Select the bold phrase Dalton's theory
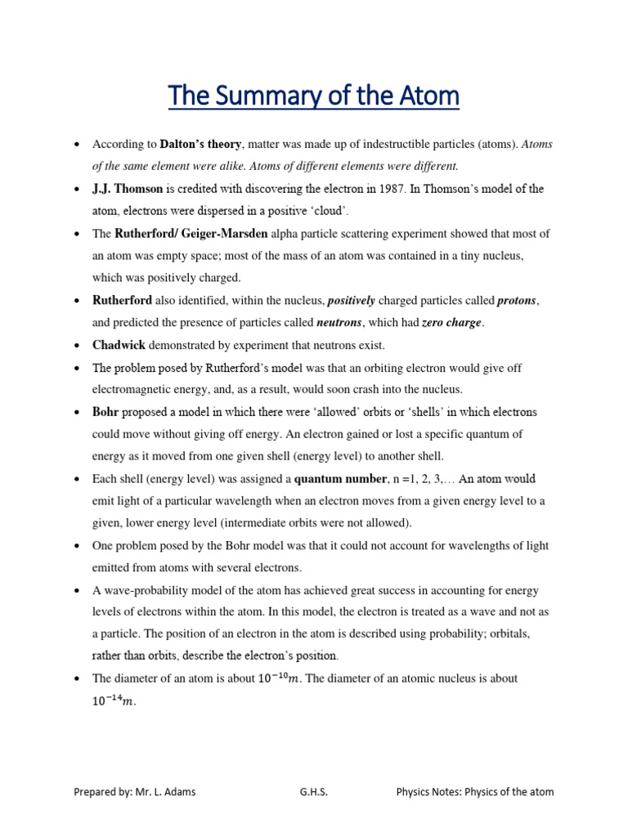point(200,145)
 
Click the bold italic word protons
point(518,301)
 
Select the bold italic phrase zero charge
point(451,323)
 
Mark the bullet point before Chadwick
point(76,346)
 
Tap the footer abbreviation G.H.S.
point(313,792)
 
